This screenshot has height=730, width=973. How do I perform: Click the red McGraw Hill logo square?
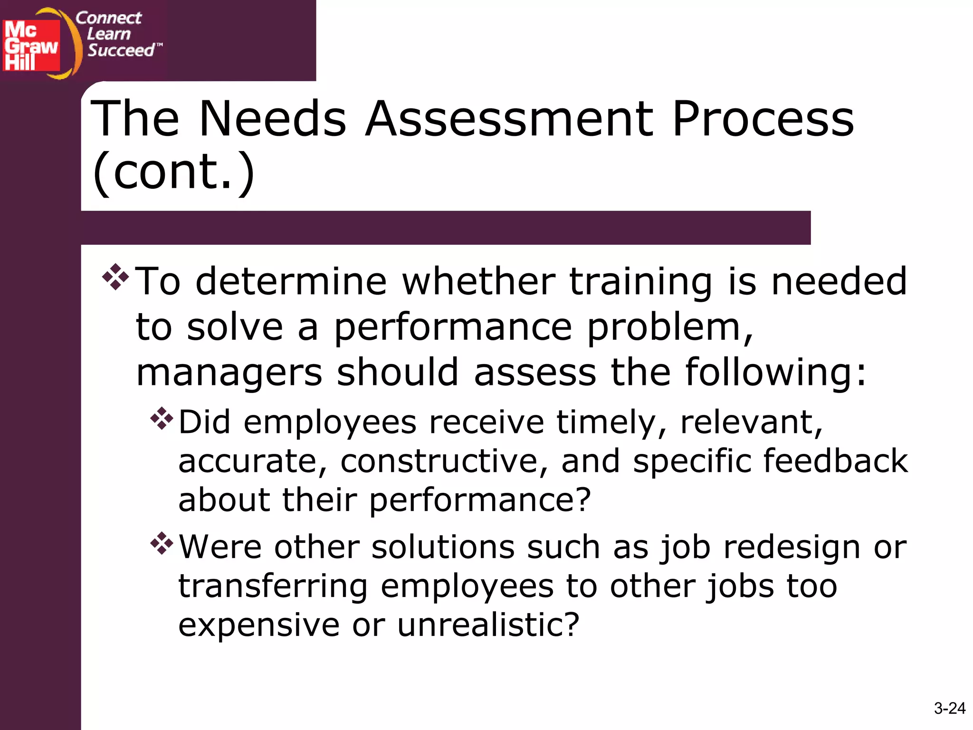point(31,46)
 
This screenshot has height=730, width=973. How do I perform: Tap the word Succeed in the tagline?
point(122,50)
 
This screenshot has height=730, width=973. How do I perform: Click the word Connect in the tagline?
point(109,18)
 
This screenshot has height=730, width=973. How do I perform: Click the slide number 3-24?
point(949,708)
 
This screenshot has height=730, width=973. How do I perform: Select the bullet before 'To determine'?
point(115,277)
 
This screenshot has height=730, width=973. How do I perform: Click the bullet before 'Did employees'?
point(162,419)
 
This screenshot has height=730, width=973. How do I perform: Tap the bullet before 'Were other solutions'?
point(162,544)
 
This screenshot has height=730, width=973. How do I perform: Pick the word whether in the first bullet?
point(479,281)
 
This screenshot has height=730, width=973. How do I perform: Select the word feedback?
point(836,461)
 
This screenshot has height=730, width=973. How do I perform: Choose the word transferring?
point(273,586)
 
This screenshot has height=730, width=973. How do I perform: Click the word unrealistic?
point(488,624)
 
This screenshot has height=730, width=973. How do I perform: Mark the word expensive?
point(259,625)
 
